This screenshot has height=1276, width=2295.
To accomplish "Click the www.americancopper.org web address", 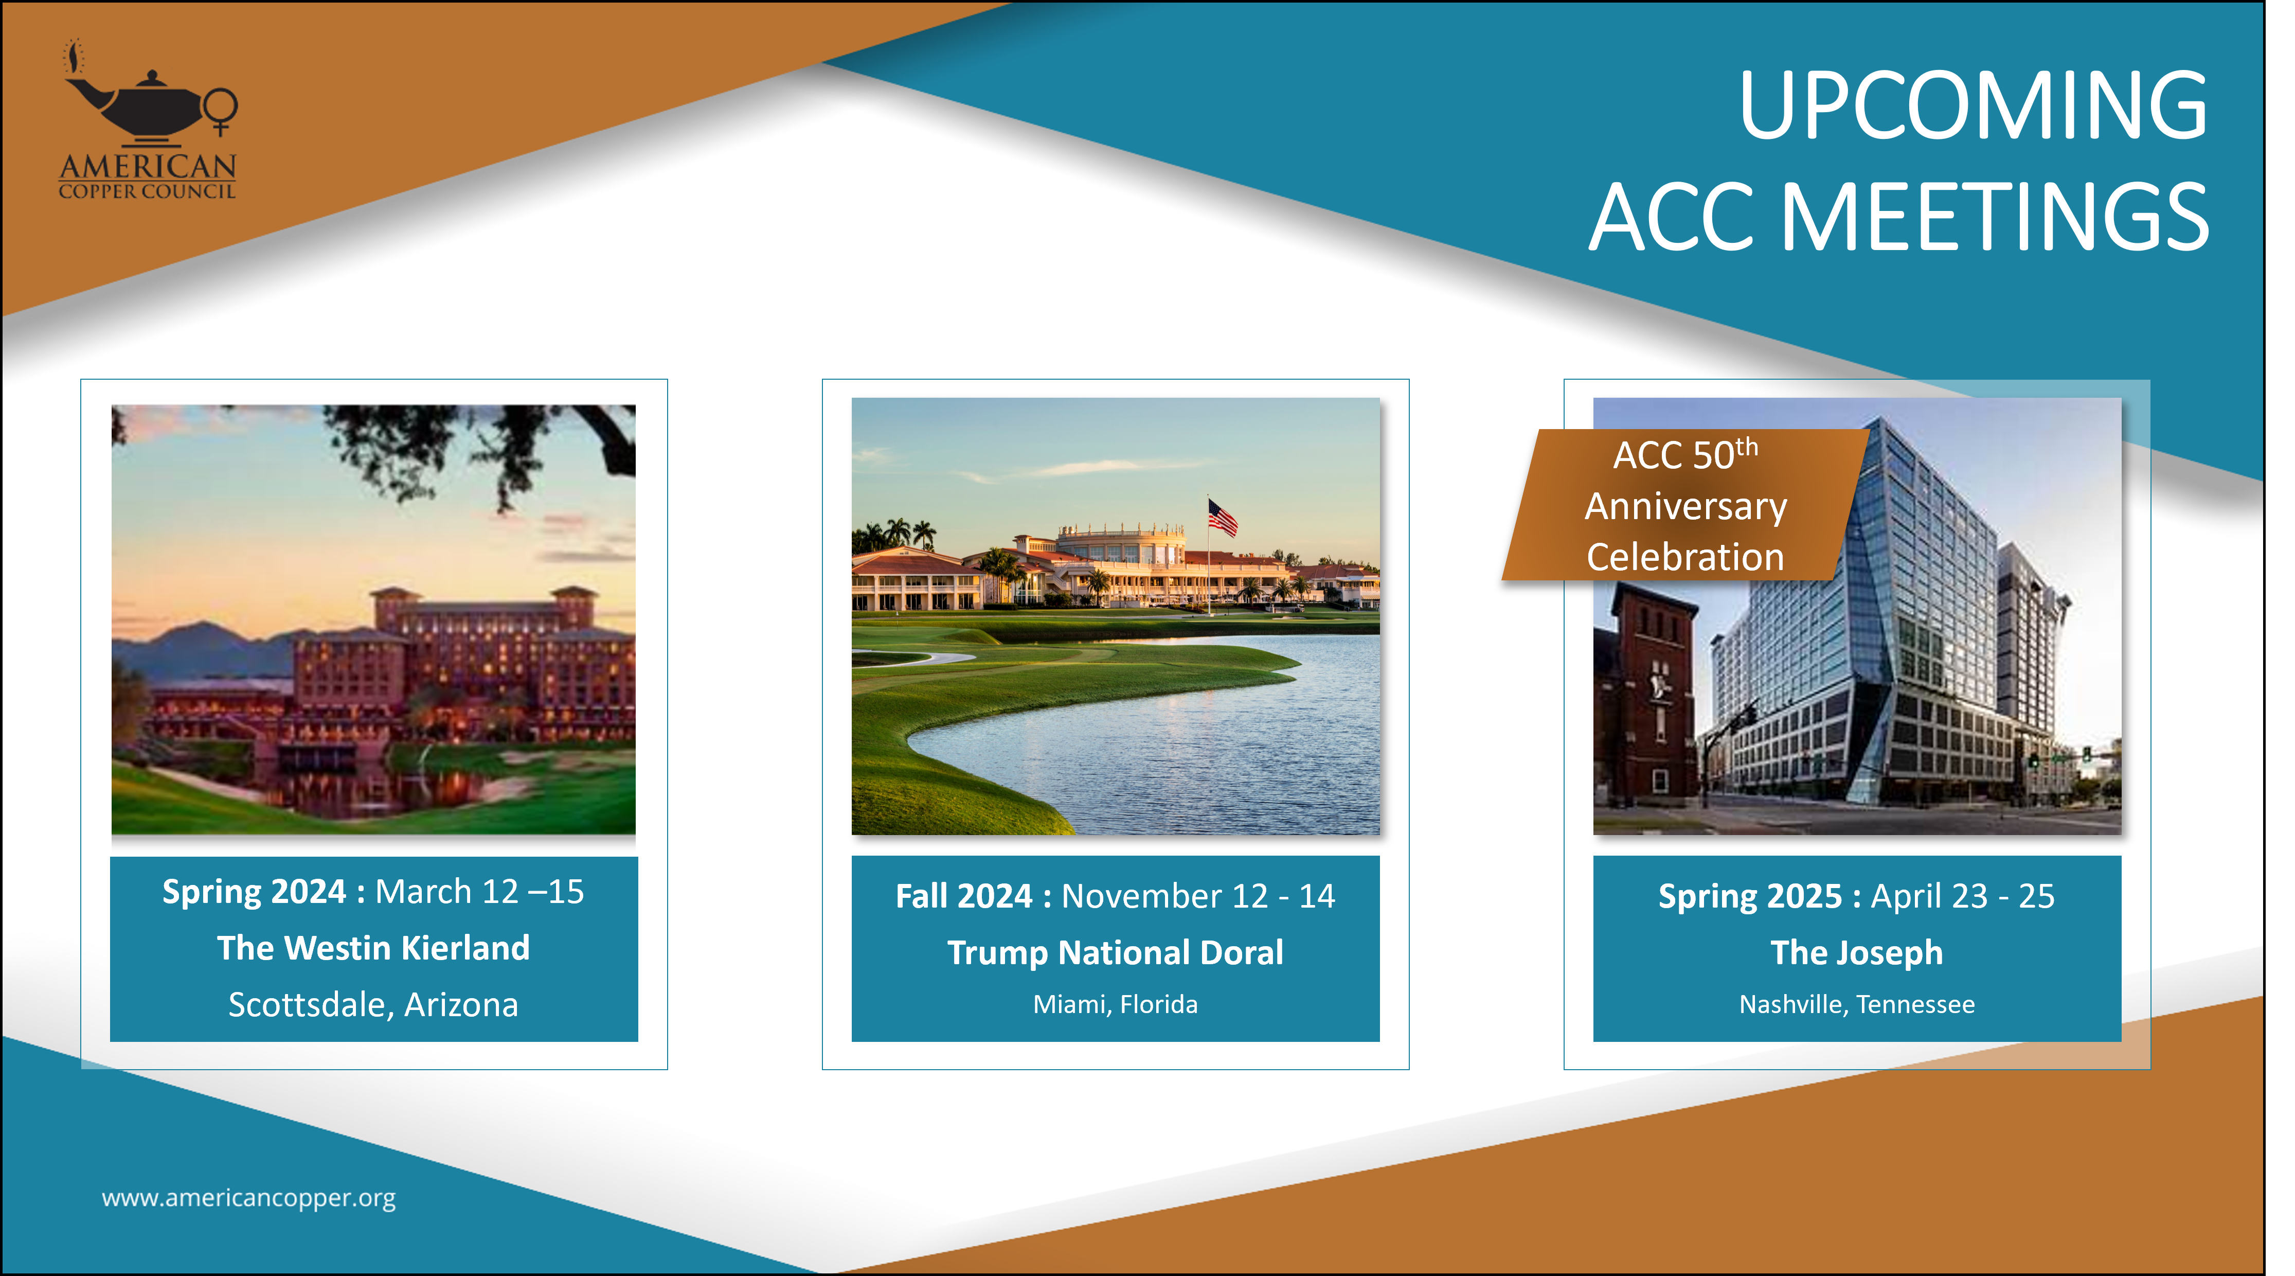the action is tap(248, 1198).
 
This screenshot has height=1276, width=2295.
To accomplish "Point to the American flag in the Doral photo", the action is tap(1222, 517).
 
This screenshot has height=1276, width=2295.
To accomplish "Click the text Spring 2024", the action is tap(254, 892).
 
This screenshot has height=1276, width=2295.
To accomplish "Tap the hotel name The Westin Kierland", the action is tap(373, 948).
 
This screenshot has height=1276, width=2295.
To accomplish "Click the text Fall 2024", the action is tap(963, 896).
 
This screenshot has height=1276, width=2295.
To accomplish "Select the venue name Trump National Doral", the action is tap(1116, 952).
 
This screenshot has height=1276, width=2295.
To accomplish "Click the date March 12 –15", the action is tap(479, 892).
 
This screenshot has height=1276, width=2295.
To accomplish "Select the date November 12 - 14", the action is tap(1198, 896).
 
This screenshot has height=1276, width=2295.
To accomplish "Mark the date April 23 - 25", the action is tap(1963, 896).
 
